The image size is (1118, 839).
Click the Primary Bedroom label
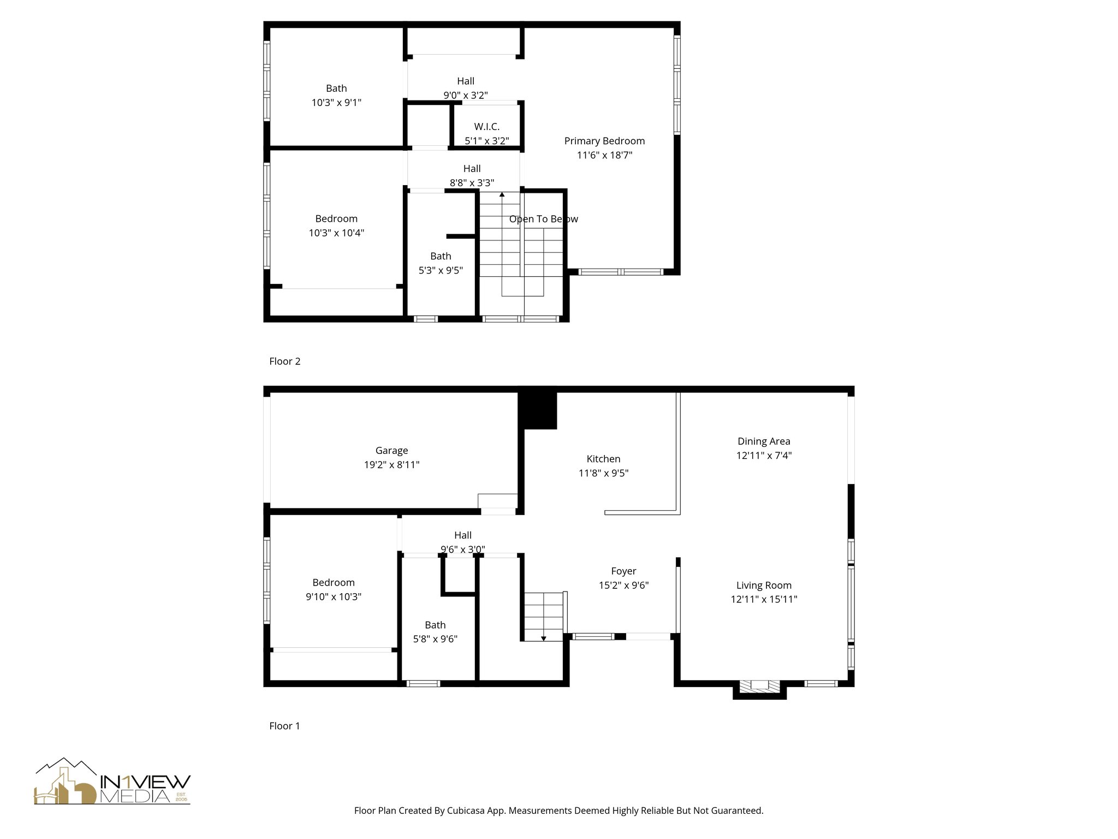[604, 141]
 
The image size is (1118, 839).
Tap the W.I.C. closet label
[486, 127]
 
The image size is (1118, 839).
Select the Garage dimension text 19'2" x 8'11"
[391, 465]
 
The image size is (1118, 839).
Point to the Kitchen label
[603, 459]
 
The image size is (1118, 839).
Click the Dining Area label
[763, 441]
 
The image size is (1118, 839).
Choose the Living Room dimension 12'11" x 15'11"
[764, 599]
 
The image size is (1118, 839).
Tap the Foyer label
[623, 571]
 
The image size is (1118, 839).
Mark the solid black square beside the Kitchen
[537, 410]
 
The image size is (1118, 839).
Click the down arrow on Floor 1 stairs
[543, 638]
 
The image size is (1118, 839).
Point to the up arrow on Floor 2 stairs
[502, 194]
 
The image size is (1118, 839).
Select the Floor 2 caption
[284, 361]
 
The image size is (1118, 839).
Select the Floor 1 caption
[284, 726]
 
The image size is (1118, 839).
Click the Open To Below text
[543, 219]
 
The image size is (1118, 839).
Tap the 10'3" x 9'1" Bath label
[336, 95]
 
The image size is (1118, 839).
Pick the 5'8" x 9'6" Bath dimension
[435, 639]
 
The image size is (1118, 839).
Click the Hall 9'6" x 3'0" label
[462, 542]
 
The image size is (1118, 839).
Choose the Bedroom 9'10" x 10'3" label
[333, 589]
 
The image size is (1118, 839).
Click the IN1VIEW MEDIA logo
[112, 782]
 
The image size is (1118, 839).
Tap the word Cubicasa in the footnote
[467, 811]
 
